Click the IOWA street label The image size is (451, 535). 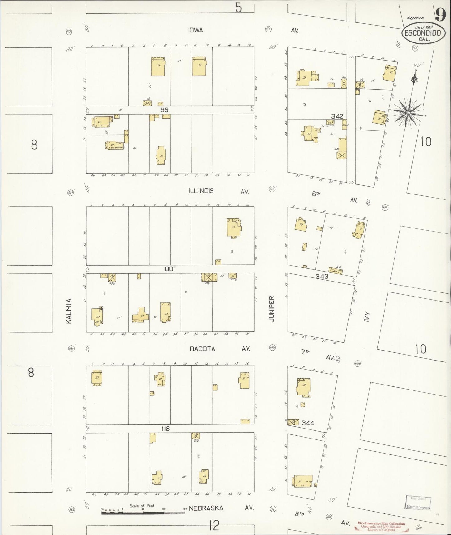195,30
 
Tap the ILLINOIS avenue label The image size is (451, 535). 201,191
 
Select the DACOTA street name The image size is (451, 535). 203,349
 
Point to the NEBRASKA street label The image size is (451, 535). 206,508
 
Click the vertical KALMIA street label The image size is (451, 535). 69,311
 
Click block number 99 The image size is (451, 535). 164,110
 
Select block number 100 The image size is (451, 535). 168,269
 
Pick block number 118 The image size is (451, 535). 165,429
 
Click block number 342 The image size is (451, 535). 337,116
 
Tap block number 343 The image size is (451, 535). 321,276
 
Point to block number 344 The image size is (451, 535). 308,423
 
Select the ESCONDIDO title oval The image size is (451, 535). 423,33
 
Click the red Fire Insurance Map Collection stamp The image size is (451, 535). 381,527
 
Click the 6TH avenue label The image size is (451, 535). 316,194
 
